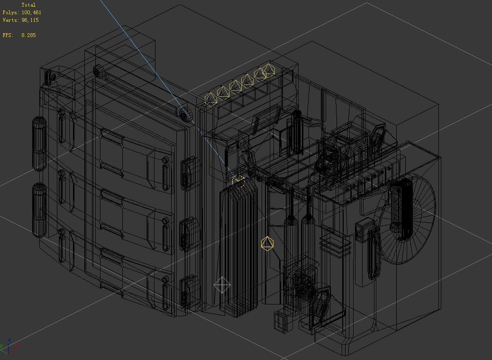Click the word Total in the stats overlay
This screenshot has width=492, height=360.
coord(28,5)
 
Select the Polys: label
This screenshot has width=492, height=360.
coord(11,13)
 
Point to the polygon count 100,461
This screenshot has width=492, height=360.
coord(31,13)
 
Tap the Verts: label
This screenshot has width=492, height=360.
coord(11,20)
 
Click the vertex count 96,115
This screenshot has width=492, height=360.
coord(30,20)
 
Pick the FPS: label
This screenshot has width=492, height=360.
coord(8,36)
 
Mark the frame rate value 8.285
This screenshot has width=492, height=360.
coord(28,36)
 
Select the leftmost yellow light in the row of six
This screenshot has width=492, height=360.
coord(210,99)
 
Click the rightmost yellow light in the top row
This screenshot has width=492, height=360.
coord(269,70)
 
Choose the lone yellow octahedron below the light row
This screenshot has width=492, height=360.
coord(267,244)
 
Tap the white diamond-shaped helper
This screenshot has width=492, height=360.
coord(222,286)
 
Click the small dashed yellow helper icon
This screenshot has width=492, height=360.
coord(238,181)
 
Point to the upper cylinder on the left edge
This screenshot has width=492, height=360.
coord(39,144)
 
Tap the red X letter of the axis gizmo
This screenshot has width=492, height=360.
coord(18,346)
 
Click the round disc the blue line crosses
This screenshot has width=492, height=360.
coord(186,114)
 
